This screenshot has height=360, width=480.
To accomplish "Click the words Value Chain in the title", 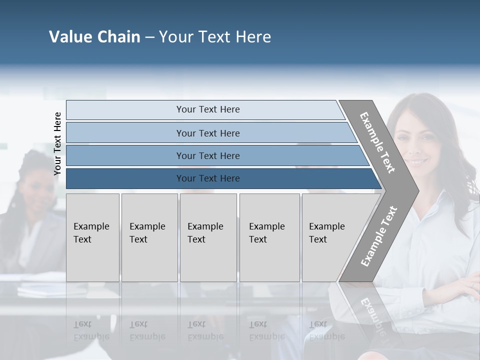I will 94,37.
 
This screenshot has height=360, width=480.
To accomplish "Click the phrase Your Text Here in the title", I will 215,37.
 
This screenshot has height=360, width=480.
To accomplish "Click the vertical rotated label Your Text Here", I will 57,143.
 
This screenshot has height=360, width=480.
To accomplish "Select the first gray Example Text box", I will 92,237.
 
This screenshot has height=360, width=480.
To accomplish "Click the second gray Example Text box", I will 149,237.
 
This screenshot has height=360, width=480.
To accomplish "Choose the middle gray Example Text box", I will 208,237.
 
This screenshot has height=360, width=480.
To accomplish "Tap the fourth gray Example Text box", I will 269,237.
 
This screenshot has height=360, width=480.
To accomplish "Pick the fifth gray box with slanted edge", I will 330,237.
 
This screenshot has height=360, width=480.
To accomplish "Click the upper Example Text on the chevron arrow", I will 377,142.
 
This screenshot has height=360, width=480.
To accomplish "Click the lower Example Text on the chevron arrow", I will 378,236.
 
